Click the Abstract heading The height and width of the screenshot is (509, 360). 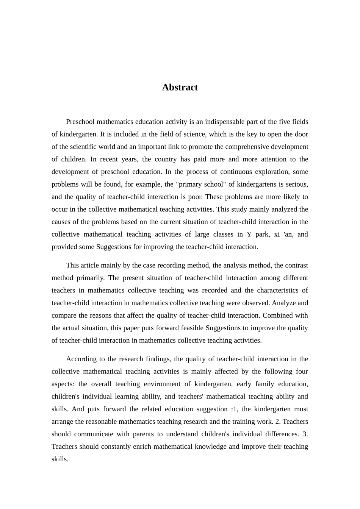point(180,87)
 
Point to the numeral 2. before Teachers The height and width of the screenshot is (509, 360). point(278,422)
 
